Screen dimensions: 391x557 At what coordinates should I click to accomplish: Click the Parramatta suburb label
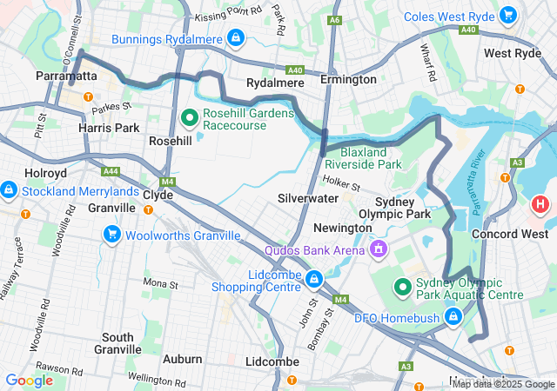(66, 76)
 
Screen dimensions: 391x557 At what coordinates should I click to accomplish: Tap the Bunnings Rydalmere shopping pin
(235, 38)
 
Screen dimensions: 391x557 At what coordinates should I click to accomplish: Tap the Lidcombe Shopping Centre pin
(313, 279)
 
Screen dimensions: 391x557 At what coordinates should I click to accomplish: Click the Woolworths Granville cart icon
(111, 235)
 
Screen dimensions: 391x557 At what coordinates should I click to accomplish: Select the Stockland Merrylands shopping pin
(9, 189)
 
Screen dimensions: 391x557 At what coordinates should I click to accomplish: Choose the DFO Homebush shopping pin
(452, 319)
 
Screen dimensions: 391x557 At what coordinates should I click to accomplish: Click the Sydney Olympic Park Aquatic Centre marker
(402, 286)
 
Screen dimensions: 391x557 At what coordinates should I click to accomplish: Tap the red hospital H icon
(540, 207)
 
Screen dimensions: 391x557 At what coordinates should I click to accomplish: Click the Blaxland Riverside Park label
(363, 157)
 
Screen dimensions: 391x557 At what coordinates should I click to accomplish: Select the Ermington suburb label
(348, 80)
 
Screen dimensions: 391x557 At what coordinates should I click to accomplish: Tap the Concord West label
(510, 234)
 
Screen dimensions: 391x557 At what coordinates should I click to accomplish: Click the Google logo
(29, 380)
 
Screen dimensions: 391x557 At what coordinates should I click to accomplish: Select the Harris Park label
(109, 128)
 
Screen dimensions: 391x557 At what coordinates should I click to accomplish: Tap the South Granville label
(117, 343)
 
